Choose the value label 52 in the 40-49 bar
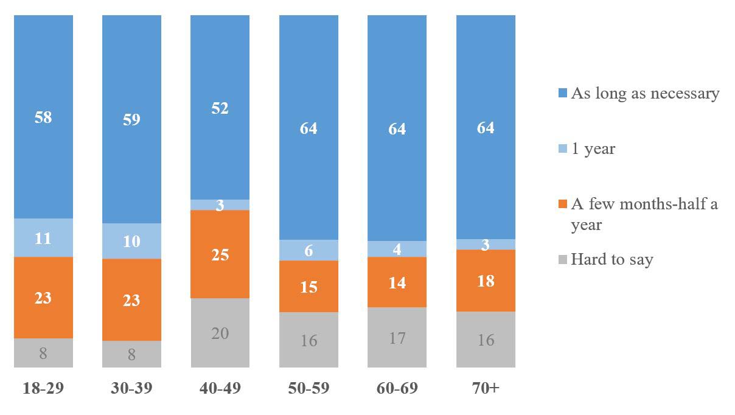point(220,108)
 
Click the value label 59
point(131,119)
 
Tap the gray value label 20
point(220,333)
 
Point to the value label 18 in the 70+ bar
point(486,281)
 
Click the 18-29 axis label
point(43,388)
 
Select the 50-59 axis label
point(308,388)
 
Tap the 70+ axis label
point(486,388)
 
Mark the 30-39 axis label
point(131,388)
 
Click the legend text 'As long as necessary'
point(645,94)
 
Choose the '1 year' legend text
point(593,148)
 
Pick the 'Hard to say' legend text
point(611,260)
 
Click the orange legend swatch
point(562,204)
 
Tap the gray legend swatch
point(562,260)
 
